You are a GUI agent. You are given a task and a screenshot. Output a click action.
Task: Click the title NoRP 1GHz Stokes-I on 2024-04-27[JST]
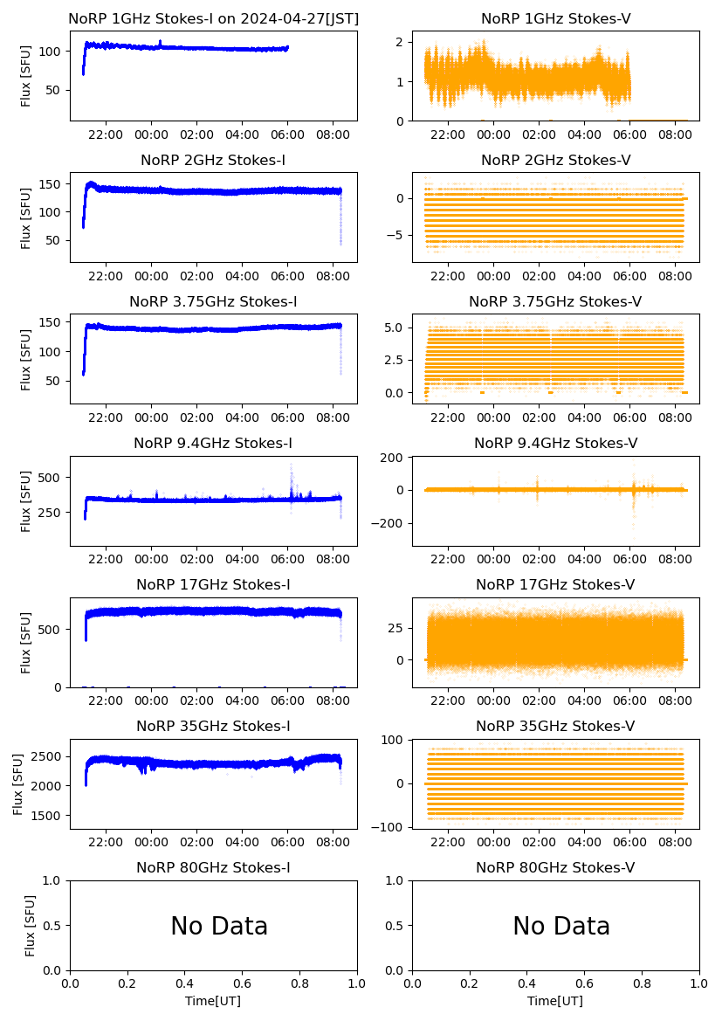pos(213,18)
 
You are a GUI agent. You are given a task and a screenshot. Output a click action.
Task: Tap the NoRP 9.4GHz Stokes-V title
pos(555,444)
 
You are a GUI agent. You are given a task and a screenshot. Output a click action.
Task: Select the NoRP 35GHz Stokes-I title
pos(213,727)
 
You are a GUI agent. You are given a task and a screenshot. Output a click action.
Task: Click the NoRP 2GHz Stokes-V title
pos(555,160)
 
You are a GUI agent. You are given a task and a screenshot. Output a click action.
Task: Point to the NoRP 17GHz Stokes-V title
pos(555,585)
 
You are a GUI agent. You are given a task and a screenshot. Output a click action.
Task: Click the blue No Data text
pos(219,926)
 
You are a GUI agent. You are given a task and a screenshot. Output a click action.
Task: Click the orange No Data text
pos(561,926)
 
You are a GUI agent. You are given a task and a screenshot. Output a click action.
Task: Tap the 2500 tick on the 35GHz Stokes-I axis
pos(50,756)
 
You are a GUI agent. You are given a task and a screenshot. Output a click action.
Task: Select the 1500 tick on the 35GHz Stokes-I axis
pos(50,816)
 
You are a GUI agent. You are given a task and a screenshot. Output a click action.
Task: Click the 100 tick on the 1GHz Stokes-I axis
pos(53,52)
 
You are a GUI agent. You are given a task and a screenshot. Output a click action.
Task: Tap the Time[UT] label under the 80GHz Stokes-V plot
pos(555,1001)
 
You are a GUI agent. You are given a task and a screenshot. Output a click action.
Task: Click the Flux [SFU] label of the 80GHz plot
pos(30,926)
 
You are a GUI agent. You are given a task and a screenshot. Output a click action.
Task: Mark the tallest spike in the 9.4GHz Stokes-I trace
pos(291,466)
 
